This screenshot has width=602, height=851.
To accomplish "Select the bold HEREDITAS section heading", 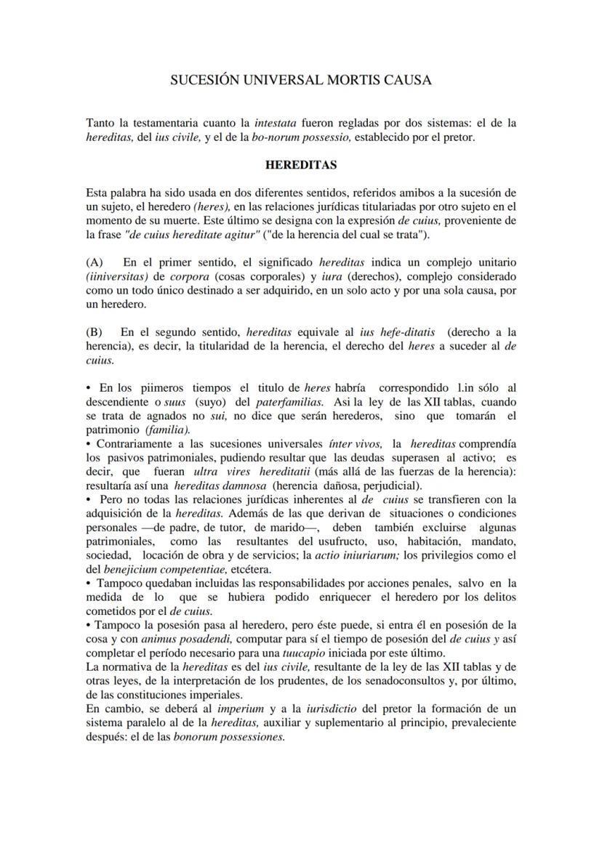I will pos(300,165).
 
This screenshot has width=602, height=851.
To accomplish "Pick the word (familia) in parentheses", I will pos(169,429).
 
